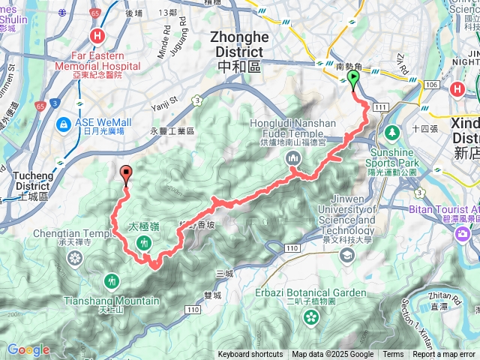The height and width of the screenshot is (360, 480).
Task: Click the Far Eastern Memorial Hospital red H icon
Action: coord(97,35)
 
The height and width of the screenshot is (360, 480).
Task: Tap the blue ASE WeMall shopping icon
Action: coord(64,122)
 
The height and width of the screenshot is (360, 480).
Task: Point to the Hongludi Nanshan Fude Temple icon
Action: coord(292,158)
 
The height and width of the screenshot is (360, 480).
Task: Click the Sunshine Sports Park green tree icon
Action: coord(391,133)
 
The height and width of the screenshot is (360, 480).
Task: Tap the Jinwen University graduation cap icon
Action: coord(347,256)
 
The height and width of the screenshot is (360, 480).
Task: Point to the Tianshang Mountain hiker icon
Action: coord(112,280)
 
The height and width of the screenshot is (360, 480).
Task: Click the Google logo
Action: coord(28,349)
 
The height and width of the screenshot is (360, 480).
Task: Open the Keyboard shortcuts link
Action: coord(250,355)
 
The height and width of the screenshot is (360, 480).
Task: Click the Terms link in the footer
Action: coord(393,355)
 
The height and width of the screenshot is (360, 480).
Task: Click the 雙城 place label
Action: coord(211,295)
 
